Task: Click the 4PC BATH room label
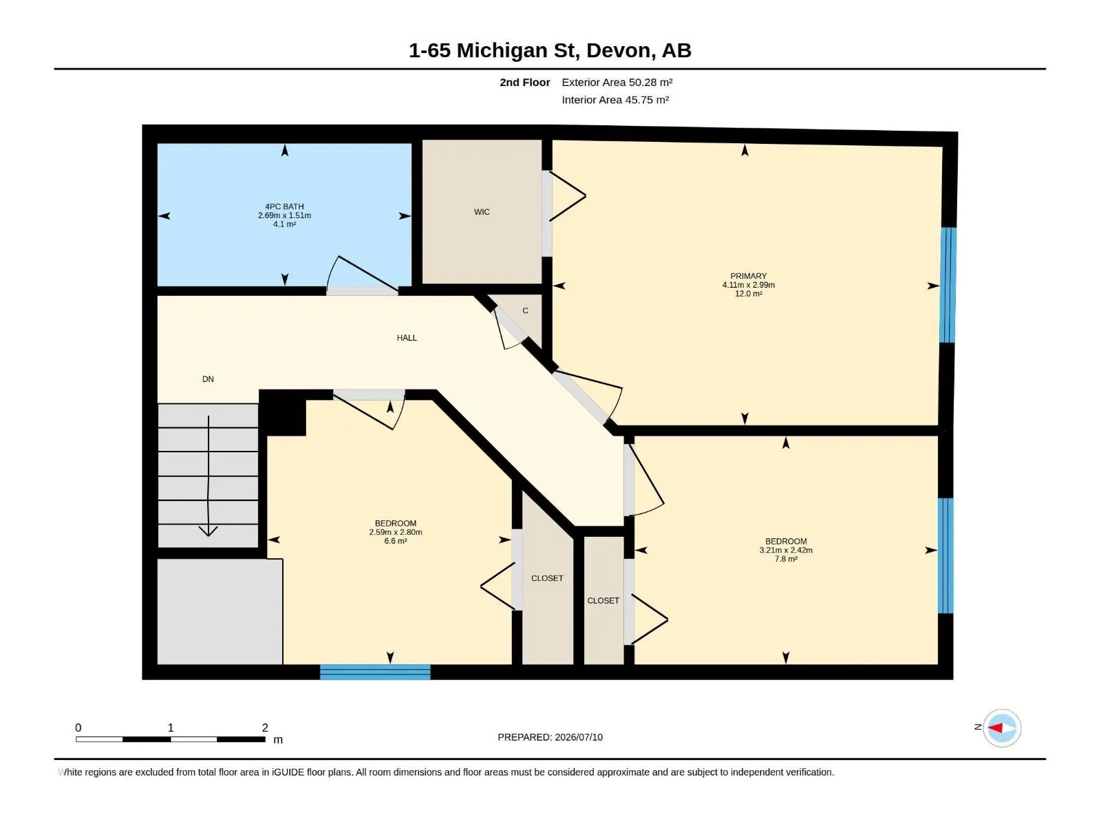(284, 206)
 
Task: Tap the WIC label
(482, 212)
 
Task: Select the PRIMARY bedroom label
(749, 276)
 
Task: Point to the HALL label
(407, 338)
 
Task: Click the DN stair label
(209, 379)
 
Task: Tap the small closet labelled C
(525, 311)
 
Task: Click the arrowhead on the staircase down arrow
(209, 531)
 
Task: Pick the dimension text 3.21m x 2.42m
(786, 550)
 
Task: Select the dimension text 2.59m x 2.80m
(395, 532)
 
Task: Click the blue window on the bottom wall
(375, 672)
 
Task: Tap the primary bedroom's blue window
(948, 285)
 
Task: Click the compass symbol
(1002, 728)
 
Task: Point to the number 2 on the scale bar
(265, 727)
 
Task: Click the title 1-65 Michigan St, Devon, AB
(550, 50)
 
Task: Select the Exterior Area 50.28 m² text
(617, 82)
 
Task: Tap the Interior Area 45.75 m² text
(615, 100)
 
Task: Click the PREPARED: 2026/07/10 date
(550, 737)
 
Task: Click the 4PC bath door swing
(362, 274)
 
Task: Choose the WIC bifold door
(567, 196)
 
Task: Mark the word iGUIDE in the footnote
(288, 772)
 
